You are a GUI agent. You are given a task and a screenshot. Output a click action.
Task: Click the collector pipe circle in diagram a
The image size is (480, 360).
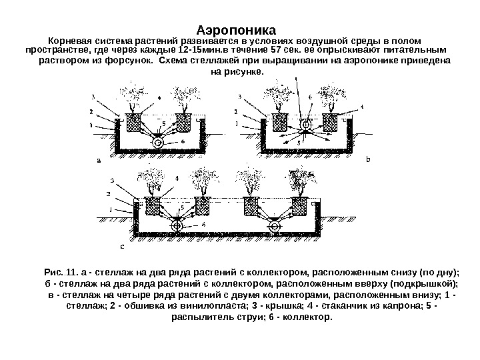[x=158, y=142]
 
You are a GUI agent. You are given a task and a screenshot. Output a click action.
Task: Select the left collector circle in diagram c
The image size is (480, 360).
[x=178, y=226]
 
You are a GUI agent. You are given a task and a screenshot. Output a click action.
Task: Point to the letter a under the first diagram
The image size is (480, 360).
[x=99, y=160]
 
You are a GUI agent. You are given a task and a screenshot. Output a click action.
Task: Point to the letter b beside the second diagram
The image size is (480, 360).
[x=366, y=160]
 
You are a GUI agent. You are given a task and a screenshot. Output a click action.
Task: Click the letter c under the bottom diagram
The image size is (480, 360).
[x=121, y=245]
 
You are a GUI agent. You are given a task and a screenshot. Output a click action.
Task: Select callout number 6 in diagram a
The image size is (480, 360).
[x=183, y=142]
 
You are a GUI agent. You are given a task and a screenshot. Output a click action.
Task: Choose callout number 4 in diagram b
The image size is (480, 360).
[x=362, y=106]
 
